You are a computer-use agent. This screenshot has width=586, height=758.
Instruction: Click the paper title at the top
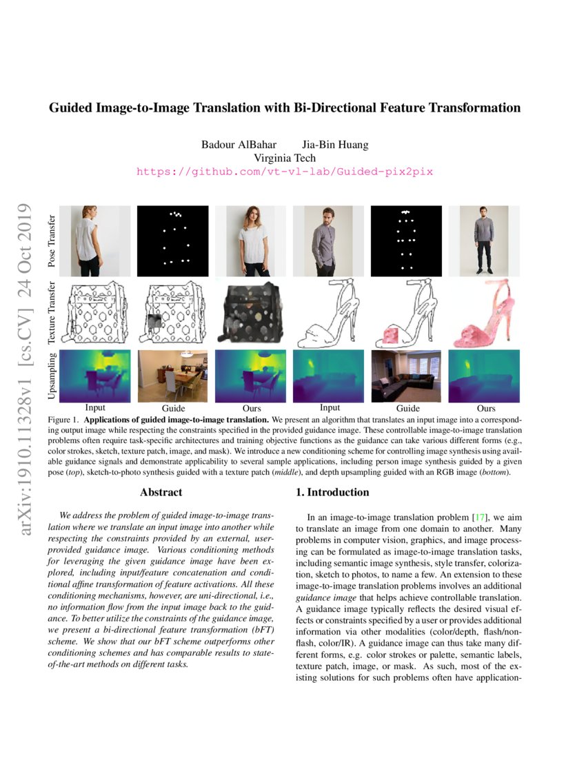pos(284,107)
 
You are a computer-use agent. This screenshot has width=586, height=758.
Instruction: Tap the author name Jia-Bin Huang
pos(335,145)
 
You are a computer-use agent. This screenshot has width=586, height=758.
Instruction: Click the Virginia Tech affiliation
pos(284,157)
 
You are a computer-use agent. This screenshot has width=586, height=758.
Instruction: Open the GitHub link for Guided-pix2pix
pos(284,171)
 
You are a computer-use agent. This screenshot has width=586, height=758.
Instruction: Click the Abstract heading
pos(161,492)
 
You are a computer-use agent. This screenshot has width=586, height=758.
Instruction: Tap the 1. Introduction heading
pos(334,492)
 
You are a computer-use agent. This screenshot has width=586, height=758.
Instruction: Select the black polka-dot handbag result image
pos(250,314)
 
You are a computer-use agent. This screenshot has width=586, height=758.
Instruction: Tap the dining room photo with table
pos(172,376)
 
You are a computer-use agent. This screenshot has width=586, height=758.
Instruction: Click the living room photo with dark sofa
pos(408,376)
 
